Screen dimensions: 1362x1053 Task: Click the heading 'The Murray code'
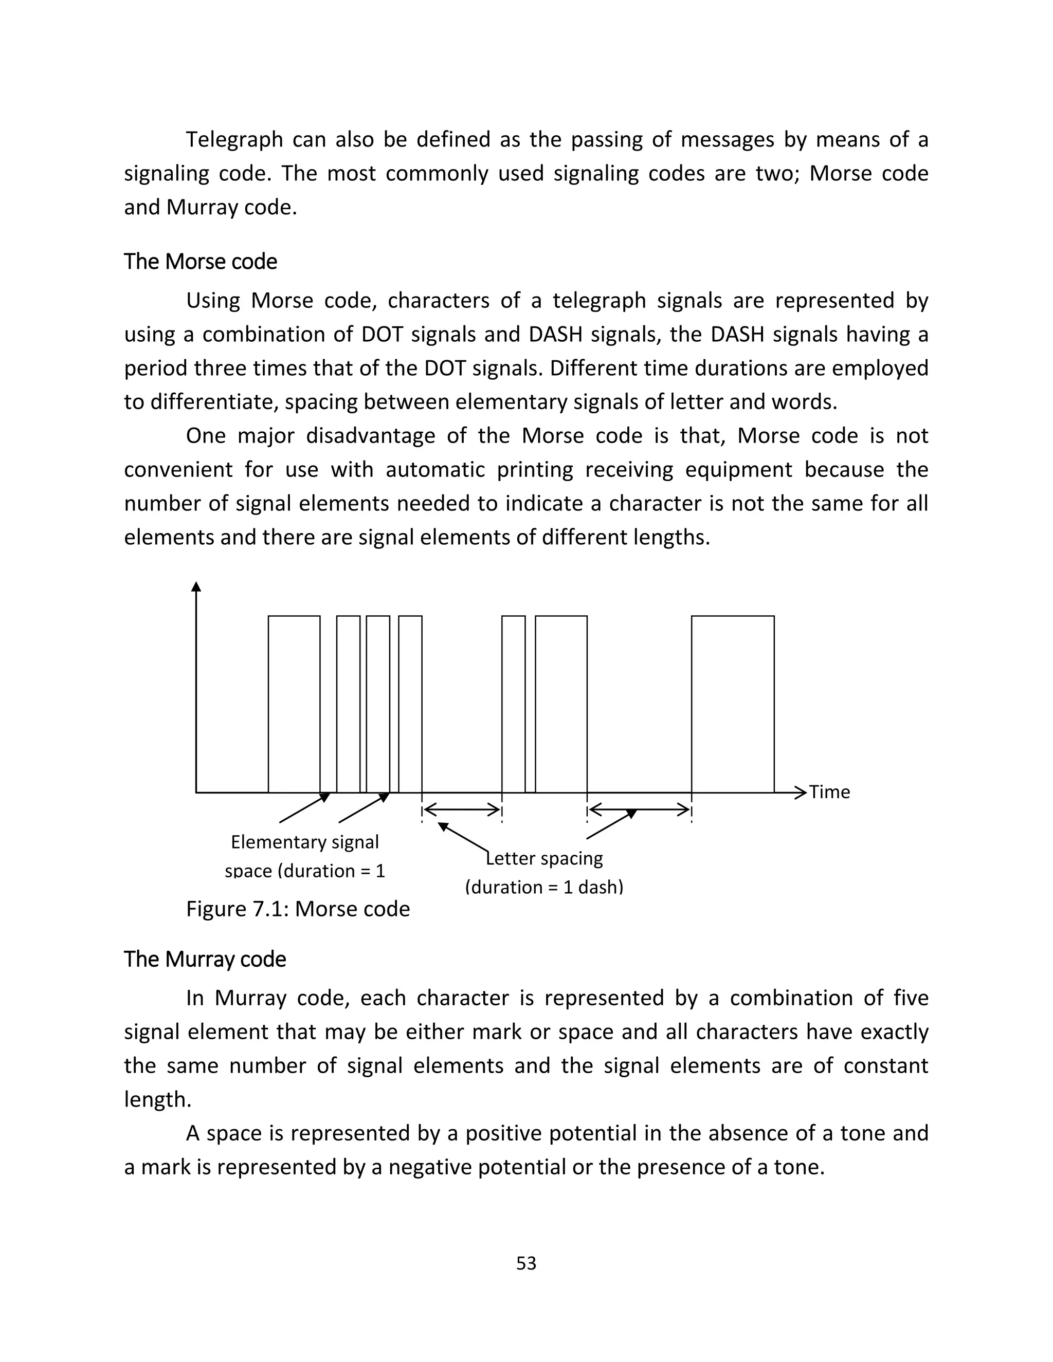pyautogui.click(x=205, y=959)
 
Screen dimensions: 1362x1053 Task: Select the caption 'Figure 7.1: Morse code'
pyautogui.click(x=298, y=909)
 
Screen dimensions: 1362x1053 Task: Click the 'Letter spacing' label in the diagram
pyautogui.click(x=544, y=858)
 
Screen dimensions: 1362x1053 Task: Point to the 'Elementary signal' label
pyautogui.click(x=304, y=842)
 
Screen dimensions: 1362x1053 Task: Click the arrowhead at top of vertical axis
pyautogui.click(x=196, y=587)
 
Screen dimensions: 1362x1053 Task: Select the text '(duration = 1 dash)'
pyautogui.click(x=544, y=887)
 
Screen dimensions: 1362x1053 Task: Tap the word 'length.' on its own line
pyautogui.click(x=157, y=1099)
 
